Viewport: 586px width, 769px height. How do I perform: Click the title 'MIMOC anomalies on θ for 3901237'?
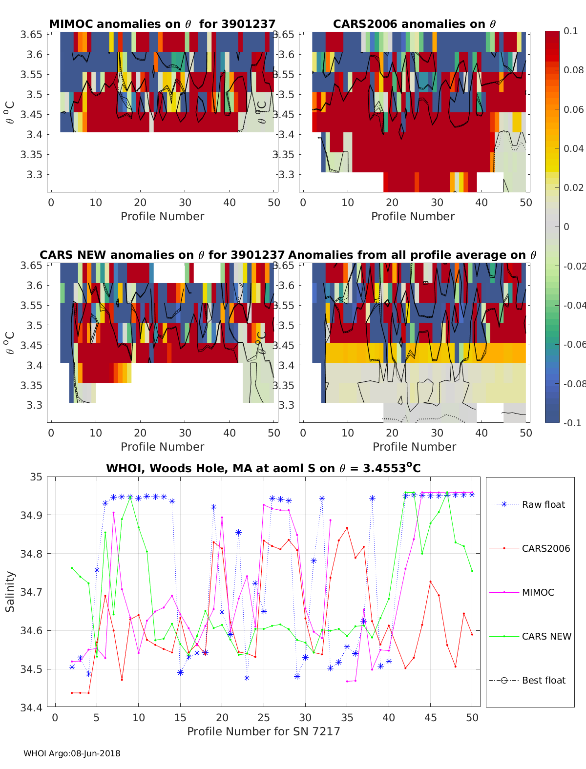(x=162, y=24)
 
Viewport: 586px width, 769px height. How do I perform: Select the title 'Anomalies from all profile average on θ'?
(x=412, y=255)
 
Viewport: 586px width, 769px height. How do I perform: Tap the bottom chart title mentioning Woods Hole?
(x=263, y=468)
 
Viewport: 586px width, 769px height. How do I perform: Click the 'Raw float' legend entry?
(x=543, y=504)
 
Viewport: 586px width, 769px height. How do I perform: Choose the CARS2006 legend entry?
(x=545, y=548)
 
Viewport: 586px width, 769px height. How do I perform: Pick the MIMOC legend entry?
(x=538, y=592)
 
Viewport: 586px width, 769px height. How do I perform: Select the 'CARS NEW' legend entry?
(x=546, y=636)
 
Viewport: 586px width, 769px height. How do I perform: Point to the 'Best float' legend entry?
(x=544, y=680)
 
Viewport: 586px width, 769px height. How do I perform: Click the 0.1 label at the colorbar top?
(x=570, y=31)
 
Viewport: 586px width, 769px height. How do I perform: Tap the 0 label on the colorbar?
(x=566, y=227)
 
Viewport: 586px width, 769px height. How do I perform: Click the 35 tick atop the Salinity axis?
(x=37, y=477)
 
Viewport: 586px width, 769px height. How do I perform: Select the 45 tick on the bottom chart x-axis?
(x=430, y=717)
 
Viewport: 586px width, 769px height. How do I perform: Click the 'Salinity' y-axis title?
(x=10, y=592)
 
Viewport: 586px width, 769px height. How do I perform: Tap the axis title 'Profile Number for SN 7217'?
(x=263, y=731)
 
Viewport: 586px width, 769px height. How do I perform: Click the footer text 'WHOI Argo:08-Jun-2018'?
(x=72, y=753)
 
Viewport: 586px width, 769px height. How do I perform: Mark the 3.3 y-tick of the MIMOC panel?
(x=34, y=174)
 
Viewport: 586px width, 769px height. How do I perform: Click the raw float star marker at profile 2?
(x=72, y=667)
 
